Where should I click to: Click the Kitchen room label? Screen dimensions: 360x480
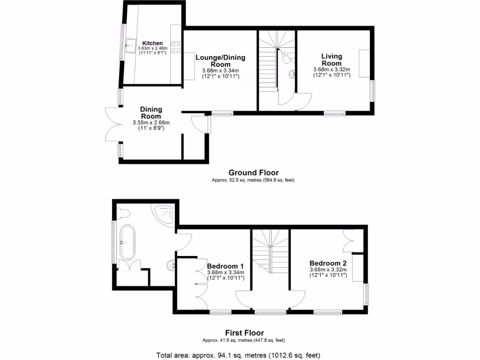point(152,43)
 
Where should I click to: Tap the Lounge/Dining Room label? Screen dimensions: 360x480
point(220,61)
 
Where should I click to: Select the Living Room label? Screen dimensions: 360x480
point(331,60)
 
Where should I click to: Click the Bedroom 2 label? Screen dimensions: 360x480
point(328,263)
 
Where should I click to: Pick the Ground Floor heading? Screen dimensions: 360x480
point(254,172)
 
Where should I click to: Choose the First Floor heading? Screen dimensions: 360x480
point(244,333)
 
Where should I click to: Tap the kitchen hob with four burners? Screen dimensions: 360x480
point(176,47)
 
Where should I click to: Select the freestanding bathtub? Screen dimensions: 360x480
point(127,242)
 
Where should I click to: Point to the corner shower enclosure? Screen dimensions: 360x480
point(164,214)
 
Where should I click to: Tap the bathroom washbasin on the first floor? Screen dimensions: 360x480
point(172,266)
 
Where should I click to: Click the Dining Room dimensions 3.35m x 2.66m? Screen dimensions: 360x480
point(151,123)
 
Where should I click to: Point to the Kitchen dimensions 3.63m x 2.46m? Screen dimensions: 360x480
point(152,48)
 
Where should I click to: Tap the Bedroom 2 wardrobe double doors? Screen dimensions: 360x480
point(349,240)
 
